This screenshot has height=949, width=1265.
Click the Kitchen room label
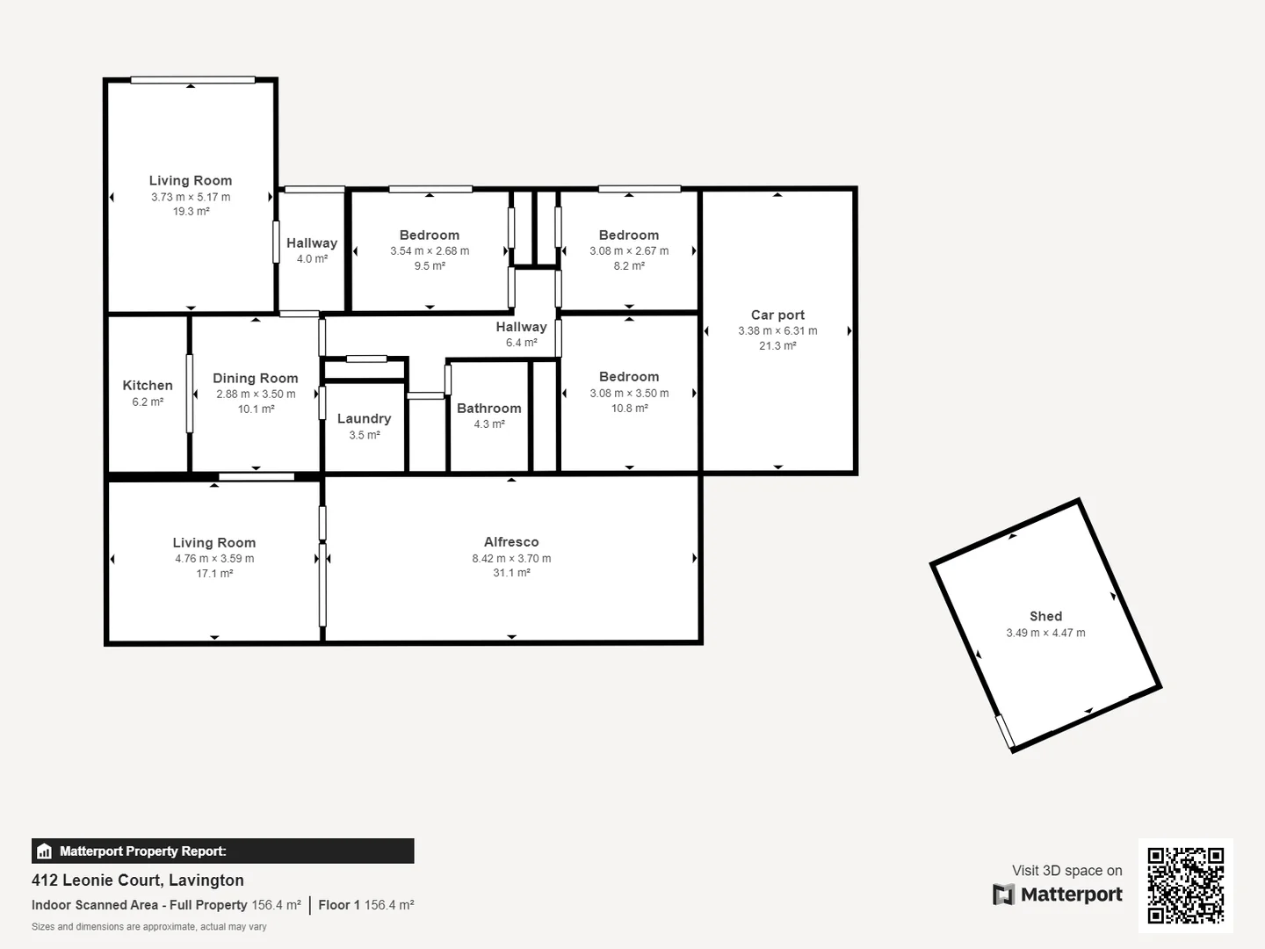tap(148, 385)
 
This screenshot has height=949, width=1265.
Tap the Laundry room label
tap(364, 418)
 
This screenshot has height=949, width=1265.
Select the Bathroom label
tap(488, 408)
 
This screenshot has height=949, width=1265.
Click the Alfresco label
tap(511, 542)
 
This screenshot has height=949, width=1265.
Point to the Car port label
tap(777, 315)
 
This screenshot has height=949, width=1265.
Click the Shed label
tap(1045, 616)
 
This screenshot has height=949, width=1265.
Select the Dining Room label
tap(256, 378)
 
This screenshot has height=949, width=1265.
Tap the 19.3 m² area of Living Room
tap(191, 212)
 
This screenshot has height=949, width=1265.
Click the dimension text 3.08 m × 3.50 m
tap(629, 393)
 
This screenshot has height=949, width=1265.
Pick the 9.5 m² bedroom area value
tap(430, 266)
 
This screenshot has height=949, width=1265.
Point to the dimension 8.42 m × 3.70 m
tap(511, 558)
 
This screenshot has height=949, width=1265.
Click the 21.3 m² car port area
tap(777, 346)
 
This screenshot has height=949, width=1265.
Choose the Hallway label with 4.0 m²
tap(312, 243)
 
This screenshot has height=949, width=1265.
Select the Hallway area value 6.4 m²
tap(521, 343)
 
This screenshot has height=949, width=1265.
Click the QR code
tap(1185, 885)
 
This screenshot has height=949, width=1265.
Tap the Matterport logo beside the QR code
tap(1058, 895)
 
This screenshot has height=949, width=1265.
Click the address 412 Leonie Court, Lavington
tap(138, 880)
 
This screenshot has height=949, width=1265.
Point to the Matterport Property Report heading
tap(142, 851)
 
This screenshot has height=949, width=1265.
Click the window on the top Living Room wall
tap(192, 80)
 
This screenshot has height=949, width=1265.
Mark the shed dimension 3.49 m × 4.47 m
tap(1045, 633)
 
